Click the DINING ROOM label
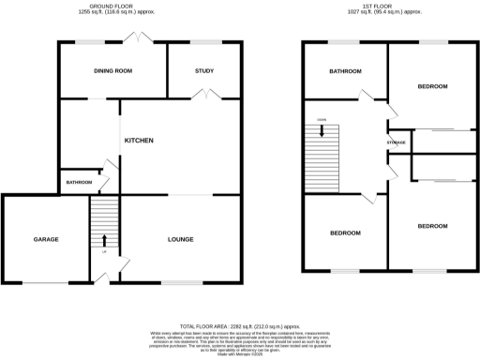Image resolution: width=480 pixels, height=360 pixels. (x=113, y=70)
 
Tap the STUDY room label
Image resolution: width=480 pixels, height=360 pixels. (x=203, y=70)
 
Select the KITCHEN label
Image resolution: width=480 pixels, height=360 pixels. (x=139, y=141)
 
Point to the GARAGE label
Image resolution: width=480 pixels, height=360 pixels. (x=46, y=240)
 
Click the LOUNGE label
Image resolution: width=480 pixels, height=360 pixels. (x=180, y=240)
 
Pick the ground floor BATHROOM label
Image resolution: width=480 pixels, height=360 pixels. (x=79, y=182)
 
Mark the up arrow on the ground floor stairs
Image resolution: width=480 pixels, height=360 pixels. (x=104, y=242)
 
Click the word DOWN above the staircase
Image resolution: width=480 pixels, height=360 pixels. (x=322, y=121)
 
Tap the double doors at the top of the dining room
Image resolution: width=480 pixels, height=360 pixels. (x=140, y=38)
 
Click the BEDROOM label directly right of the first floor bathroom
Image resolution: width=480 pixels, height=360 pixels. (x=432, y=86)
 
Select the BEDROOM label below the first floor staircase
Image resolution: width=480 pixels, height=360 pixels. (x=345, y=232)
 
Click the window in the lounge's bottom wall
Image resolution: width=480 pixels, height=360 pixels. (x=175, y=281)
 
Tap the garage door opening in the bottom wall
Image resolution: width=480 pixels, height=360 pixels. (x=44, y=281)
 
